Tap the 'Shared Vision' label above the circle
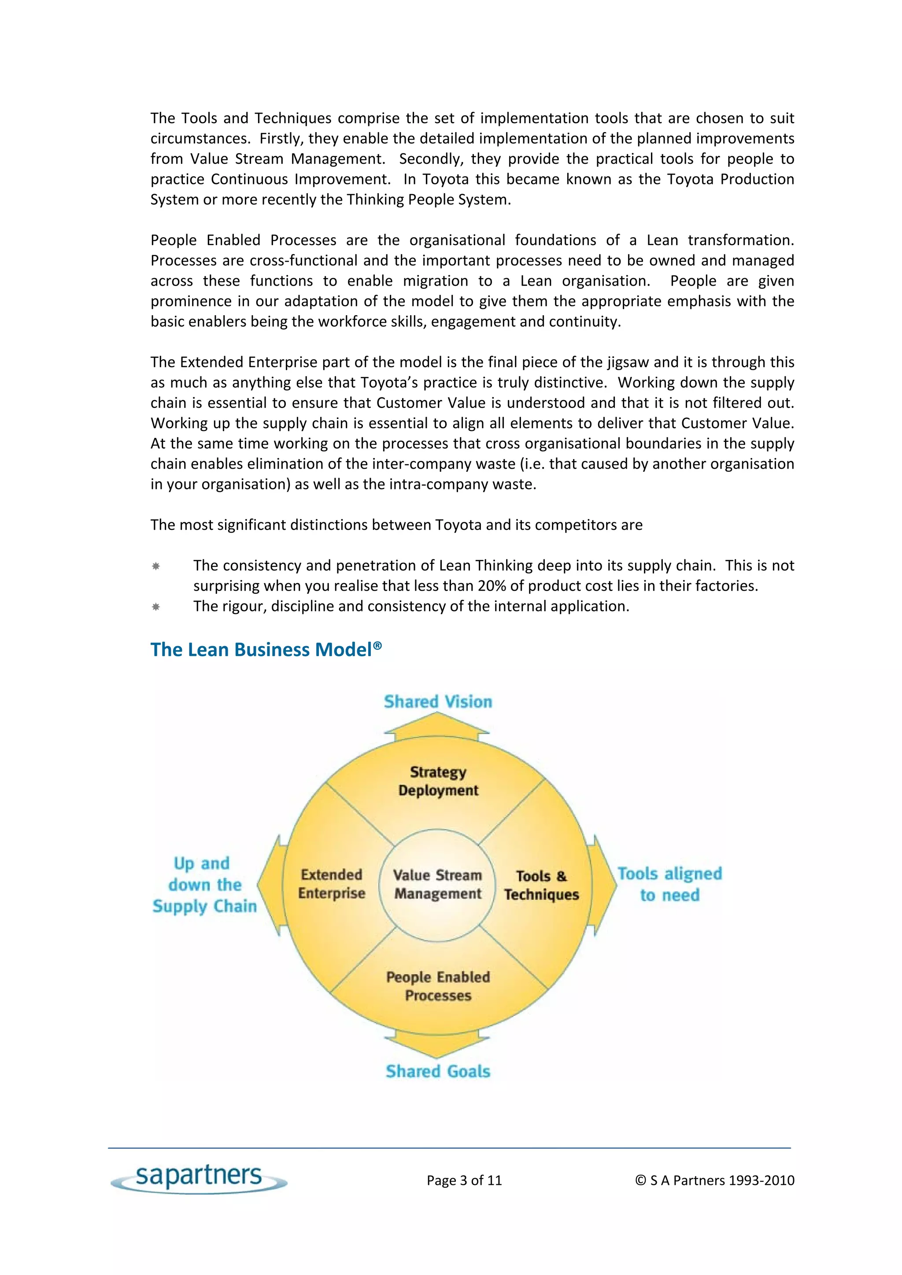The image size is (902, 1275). (x=438, y=702)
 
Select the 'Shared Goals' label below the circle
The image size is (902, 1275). (x=438, y=1071)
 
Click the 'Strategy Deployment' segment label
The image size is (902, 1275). (x=438, y=781)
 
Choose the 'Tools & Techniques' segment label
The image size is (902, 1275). (x=541, y=885)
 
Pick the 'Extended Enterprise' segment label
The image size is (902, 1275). (x=332, y=883)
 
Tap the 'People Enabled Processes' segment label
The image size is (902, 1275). (x=438, y=986)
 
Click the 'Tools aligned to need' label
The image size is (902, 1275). (x=670, y=884)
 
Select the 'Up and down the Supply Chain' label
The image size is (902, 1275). (x=204, y=885)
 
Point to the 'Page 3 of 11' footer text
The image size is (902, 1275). (x=464, y=1180)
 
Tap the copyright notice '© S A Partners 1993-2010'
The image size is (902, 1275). (x=715, y=1180)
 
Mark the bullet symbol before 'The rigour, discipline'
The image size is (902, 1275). (x=156, y=606)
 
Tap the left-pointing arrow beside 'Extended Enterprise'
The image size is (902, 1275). (x=271, y=885)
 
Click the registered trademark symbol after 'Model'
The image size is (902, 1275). (x=378, y=645)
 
